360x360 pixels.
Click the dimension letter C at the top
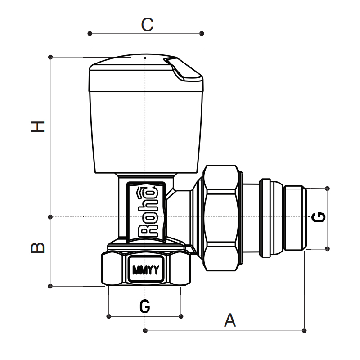(x=147, y=24)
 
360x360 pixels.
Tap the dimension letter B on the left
(x=38, y=247)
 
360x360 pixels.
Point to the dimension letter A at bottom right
(x=230, y=320)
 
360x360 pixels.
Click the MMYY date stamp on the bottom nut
(x=145, y=270)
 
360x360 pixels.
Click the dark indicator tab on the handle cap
(x=185, y=69)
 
